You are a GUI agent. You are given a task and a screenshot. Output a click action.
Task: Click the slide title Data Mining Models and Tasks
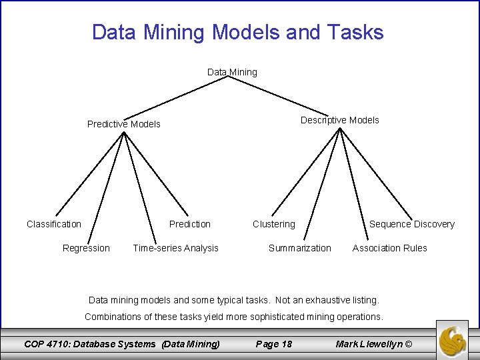point(237,32)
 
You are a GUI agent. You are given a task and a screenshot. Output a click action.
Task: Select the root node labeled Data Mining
point(232,72)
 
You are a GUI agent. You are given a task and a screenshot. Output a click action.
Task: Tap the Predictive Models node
point(124,124)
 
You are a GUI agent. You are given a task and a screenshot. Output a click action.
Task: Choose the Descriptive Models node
point(339,120)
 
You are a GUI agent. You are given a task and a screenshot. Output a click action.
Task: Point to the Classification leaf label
point(54,224)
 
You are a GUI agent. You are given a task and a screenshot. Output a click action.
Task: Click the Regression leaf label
point(86,248)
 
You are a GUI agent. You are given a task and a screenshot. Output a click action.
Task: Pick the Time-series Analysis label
point(175,248)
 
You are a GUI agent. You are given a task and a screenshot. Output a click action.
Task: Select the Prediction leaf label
point(190,224)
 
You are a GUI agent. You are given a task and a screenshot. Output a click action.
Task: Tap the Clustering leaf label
point(273,224)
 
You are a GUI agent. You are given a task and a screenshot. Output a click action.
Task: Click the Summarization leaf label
point(299,248)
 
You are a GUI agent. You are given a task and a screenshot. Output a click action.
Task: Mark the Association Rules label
point(390,248)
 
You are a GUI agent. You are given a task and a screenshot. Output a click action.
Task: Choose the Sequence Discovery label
point(412,224)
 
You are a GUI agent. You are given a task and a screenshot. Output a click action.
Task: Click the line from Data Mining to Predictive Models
point(177,97)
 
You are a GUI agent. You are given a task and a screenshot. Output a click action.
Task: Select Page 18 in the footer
point(274,344)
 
